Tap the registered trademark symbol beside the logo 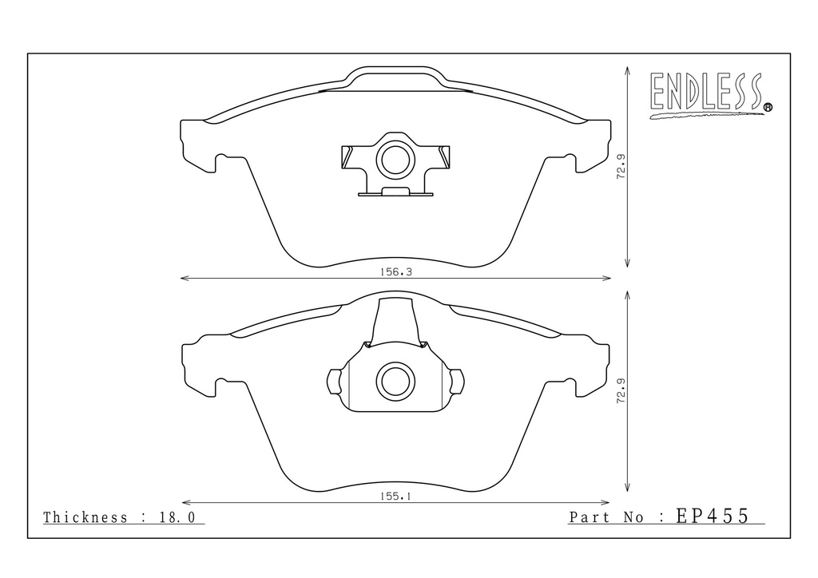point(768,107)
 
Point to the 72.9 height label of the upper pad point(621,166)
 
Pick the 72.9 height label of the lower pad point(621,390)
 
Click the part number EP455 point(712,516)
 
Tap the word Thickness point(85,517)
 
